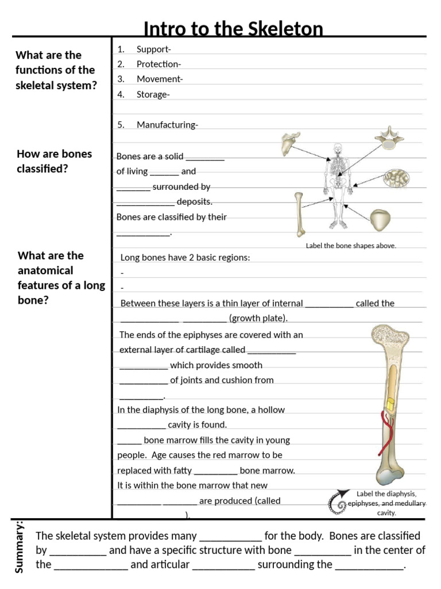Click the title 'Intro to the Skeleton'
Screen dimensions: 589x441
233,29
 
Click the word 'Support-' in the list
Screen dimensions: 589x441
153,49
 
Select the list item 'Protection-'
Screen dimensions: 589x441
158,64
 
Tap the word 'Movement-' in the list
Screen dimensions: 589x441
159,79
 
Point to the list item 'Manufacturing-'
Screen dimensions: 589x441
167,125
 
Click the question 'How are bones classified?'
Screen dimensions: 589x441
54,162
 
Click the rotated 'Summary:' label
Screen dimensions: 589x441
19,546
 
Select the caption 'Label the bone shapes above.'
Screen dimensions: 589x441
351,246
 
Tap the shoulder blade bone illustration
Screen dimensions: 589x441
291,144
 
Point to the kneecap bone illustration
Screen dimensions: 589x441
380,220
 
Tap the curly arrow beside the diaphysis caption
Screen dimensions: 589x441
338,501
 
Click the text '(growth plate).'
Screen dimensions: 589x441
258,318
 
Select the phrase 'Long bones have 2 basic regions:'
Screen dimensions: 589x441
185,258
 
